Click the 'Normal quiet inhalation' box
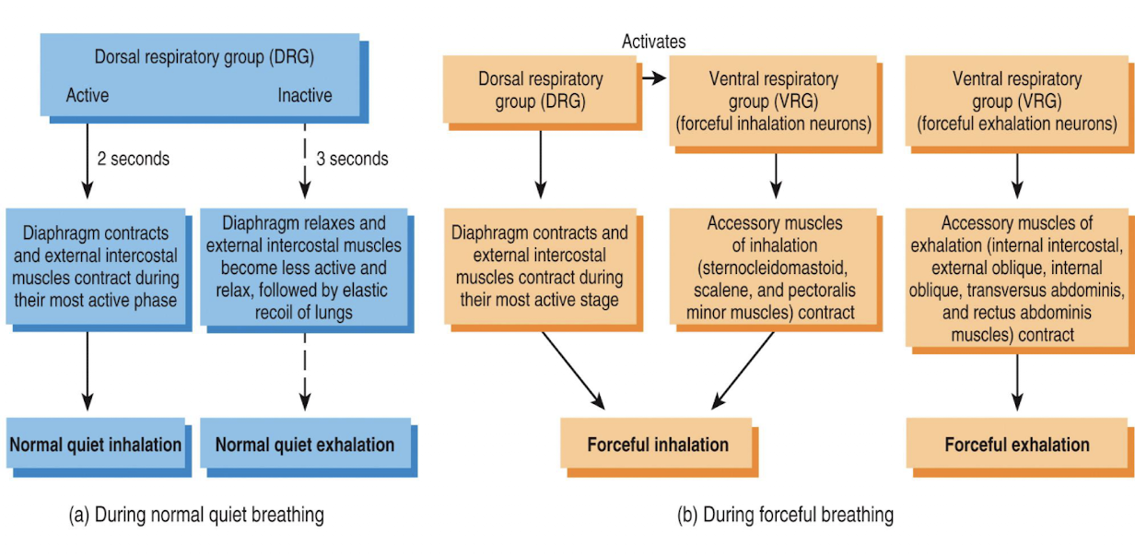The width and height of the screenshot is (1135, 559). coord(95,445)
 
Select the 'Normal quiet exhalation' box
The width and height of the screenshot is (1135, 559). coord(305,445)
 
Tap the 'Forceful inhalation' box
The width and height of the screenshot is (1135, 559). coord(658,445)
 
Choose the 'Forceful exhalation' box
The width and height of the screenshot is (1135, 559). coord(1017,445)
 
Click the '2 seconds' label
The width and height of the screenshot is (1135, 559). coord(134,159)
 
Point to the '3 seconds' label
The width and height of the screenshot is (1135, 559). coord(352,159)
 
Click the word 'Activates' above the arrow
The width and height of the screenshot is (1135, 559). coord(654,42)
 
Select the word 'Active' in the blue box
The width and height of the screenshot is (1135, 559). coord(88,96)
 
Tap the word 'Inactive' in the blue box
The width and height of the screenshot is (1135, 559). coord(305,96)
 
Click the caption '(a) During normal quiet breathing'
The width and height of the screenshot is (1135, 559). coord(196,515)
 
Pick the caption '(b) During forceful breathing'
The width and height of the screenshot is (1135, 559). coord(785,515)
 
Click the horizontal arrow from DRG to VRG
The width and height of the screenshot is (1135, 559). coord(653,80)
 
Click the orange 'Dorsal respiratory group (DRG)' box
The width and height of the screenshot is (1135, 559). coord(540,90)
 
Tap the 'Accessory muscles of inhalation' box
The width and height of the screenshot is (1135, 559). coord(774,268)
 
